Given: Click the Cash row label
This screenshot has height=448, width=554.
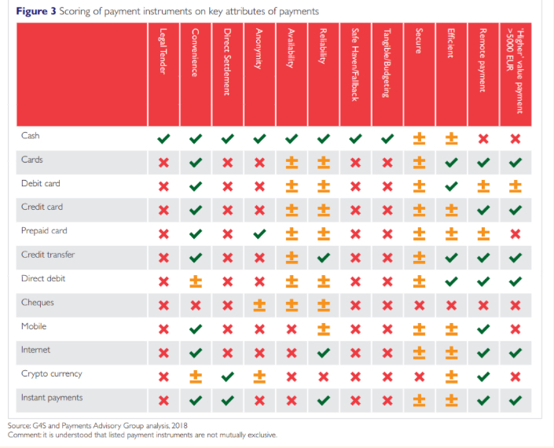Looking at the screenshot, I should pos(31,136).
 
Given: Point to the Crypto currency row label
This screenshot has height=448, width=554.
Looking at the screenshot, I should pos(51,374).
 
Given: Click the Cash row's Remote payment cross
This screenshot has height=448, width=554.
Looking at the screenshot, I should pos(483,138).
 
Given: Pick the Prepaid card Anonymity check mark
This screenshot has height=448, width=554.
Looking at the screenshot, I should pos(259,233).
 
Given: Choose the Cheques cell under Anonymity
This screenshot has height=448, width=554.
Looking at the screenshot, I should pos(259,305).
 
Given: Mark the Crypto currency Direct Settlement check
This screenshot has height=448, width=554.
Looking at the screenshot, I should pos(227,376).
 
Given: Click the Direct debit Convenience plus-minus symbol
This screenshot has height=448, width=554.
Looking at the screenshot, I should pos(196,281).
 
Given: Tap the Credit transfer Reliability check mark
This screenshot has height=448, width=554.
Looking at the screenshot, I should pos(323,257).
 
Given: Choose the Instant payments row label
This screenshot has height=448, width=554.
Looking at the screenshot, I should pos(52,398).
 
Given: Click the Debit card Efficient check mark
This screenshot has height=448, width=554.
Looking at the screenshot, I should pos(451,186).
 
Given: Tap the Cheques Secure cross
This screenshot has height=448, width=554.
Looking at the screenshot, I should pos(419,305).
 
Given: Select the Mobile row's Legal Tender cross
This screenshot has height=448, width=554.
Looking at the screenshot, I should pos(163,329).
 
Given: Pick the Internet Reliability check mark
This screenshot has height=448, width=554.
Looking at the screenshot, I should pos(323,353).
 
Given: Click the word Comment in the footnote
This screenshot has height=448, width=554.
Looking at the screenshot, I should pos(24,434).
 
